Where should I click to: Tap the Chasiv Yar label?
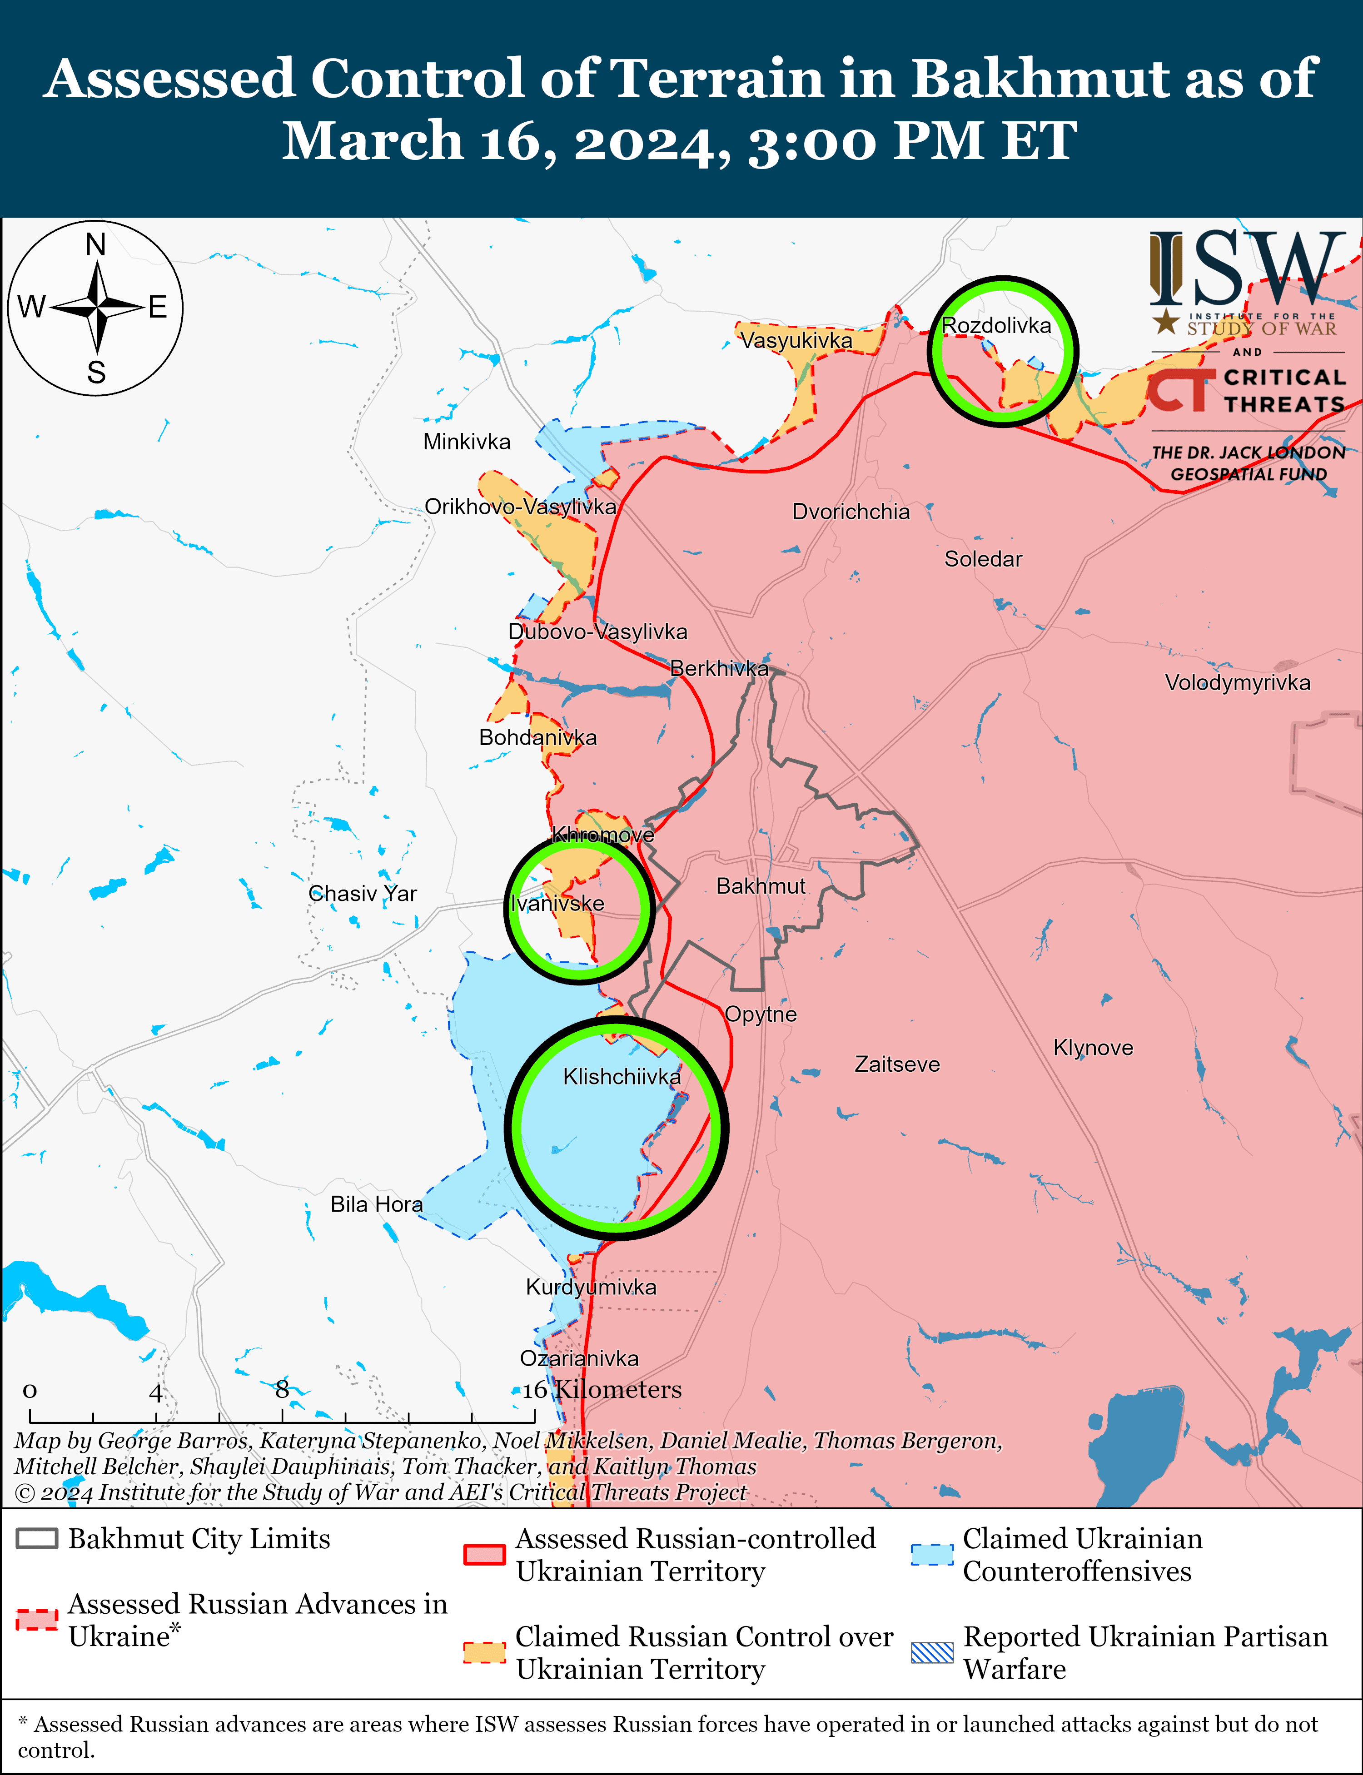point(363,894)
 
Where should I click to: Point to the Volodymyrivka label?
point(1237,682)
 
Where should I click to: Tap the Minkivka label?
point(467,442)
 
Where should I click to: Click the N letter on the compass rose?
point(96,244)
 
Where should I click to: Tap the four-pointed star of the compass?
point(96,308)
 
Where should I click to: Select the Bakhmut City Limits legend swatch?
point(36,1539)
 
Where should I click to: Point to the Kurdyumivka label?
point(591,1288)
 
